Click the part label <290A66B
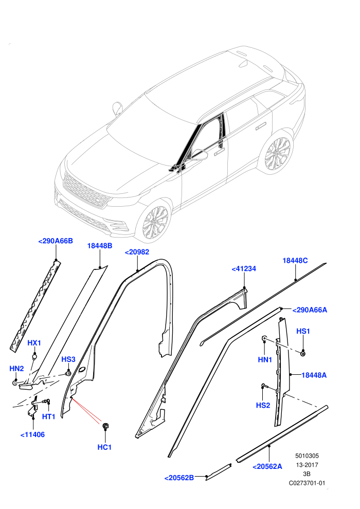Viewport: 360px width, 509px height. pos(56,241)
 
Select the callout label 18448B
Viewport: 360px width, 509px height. pos(100,246)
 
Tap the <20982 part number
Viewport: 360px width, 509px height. pos(137,252)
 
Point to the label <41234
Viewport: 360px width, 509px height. pos(244,269)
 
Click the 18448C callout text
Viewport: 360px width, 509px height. pos(295,260)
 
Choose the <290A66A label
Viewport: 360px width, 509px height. pos(310,310)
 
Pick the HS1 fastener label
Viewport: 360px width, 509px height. pos(303,331)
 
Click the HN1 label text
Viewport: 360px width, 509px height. pos(265,359)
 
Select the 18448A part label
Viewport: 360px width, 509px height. pos(314,375)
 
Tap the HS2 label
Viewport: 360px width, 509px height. pos(263,406)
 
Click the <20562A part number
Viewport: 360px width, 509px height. pos(267,466)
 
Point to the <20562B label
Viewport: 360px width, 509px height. pos(179,478)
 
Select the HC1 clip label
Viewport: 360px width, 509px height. pos(104,447)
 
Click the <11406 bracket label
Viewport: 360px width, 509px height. pos(32,434)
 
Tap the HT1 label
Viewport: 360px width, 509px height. pos(49,416)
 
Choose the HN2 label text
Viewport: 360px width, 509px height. pos(16,369)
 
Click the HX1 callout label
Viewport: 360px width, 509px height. pos(34,343)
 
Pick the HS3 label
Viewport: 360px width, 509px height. pos(68,359)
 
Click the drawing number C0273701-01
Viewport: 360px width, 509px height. pos(307,483)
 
